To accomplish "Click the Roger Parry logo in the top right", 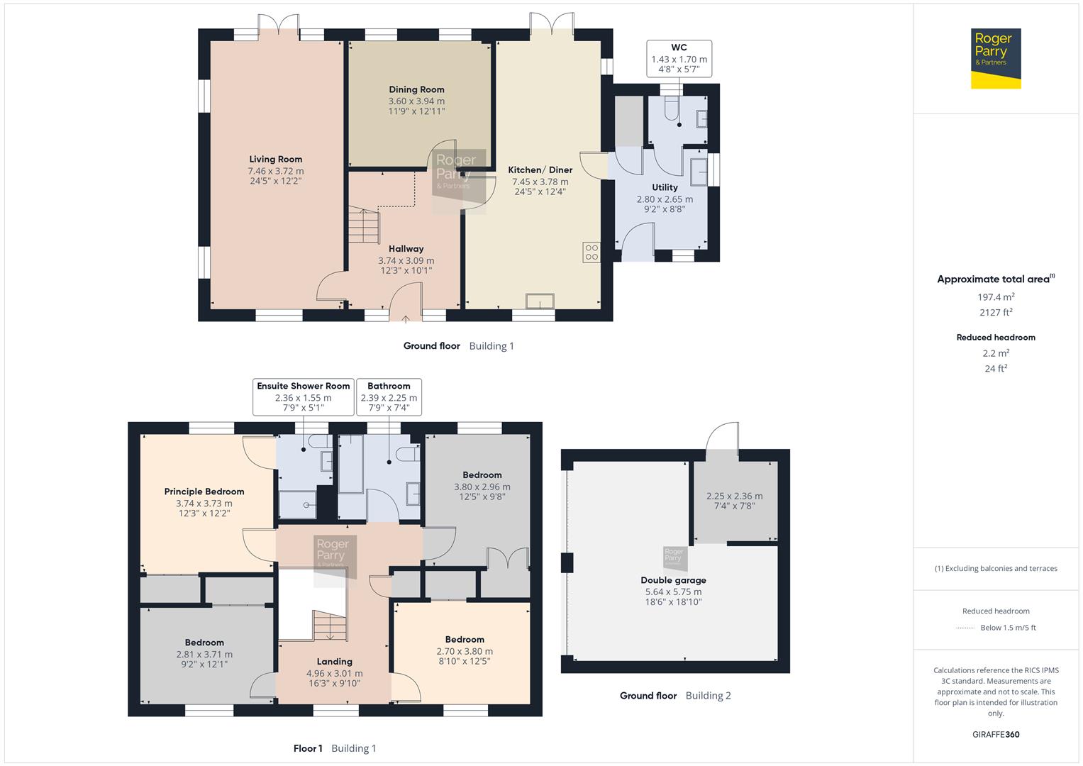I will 995,58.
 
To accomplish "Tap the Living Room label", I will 275,160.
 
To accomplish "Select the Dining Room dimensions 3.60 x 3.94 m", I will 416,101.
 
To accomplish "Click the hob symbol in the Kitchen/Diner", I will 591,252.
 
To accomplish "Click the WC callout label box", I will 679,59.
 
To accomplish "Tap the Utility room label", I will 665,187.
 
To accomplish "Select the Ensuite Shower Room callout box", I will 303,397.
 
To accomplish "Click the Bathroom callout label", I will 389,397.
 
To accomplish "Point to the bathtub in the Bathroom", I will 350,464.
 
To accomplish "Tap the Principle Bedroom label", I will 204,492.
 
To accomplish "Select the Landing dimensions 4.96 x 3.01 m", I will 334,673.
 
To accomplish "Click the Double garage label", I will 673,580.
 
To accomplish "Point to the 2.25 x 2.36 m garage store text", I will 734,496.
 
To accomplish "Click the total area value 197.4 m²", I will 996,297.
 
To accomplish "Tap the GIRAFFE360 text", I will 996,734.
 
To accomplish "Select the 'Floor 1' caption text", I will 308,748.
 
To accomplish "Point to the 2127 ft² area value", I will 996,312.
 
